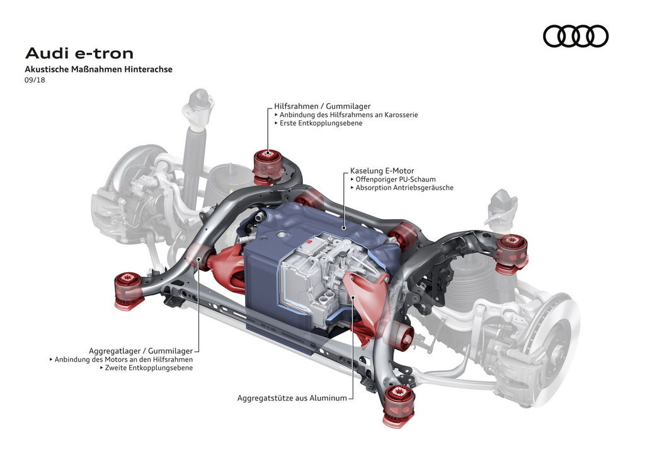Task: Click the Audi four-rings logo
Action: tap(576, 36)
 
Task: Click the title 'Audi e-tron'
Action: tap(79, 54)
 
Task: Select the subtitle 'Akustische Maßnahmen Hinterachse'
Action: tap(98, 69)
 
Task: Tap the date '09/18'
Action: tap(35, 80)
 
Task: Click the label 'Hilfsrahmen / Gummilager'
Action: tap(322, 106)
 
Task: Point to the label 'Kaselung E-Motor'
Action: tap(382, 171)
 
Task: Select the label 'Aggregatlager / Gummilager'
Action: tap(140, 351)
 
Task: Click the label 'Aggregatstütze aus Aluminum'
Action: tap(292, 398)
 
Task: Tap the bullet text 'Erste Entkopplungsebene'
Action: tap(321, 123)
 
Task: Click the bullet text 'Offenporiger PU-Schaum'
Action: tap(396, 180)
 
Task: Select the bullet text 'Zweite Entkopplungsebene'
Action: tap(149, 368)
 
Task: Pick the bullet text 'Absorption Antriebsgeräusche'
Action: tap(404, 188)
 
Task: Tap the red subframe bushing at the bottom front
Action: tap(398, 406)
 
